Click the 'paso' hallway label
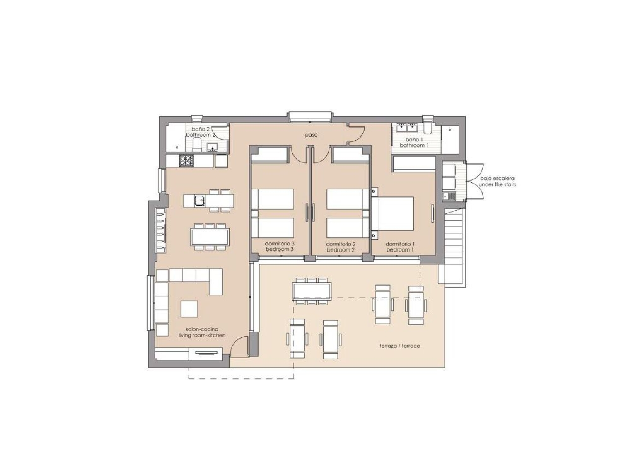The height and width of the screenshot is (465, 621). tap(311, 135)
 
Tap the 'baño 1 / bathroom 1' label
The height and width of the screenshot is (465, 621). tap(414, 143)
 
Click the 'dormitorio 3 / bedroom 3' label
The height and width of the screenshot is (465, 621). tap(279, 247)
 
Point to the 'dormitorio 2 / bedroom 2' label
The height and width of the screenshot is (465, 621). tap(341, 247)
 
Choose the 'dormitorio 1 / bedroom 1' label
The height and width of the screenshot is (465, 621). tap(400, 247)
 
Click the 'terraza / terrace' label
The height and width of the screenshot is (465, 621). tap(400, 346)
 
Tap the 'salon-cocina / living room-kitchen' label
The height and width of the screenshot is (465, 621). tap(202, 332)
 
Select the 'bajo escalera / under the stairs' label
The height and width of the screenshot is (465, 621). tap(497, 181)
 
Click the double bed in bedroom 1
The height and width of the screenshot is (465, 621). tap(393, 214)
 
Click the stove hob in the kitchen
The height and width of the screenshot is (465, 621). tap(186, 160)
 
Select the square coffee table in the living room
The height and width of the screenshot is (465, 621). tap(189, 309)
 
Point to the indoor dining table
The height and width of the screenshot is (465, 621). tap(210, 237)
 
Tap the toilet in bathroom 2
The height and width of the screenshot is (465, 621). tap(197, 145)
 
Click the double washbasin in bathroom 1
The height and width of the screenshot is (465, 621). tap(406, 126)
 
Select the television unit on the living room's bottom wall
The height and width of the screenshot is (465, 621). tap(206, 353)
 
